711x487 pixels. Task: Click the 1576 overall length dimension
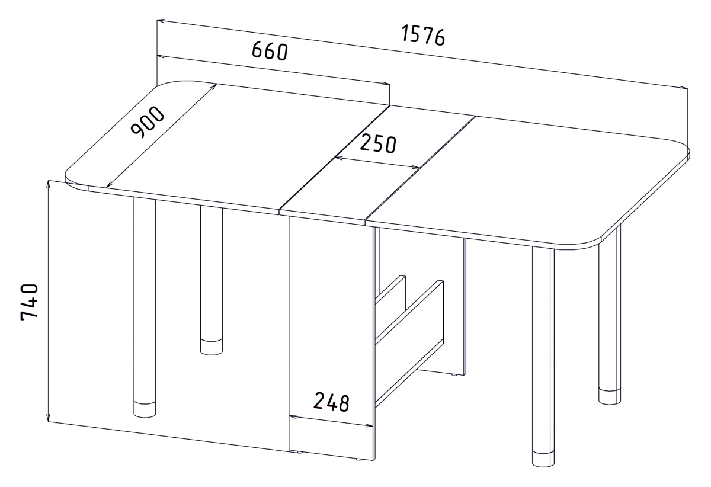tap(423, 36)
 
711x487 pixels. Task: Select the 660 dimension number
tap(270, 52)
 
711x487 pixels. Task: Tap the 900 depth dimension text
tap(148, 123)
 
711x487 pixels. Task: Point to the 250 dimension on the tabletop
tap(379, 144)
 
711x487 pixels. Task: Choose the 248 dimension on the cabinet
tap(331, 402)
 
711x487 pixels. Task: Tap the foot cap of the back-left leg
tap(212, 347)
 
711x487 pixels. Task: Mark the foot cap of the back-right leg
tap(610, 396)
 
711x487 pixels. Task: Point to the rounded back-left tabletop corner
tap(171, 84)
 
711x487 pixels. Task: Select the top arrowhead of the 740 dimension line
tap(48, 185)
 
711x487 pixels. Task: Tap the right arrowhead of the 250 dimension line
tap(417, 167)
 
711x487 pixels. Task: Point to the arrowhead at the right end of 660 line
tap(385, 84)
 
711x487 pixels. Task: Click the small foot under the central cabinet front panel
tap(358, 468)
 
